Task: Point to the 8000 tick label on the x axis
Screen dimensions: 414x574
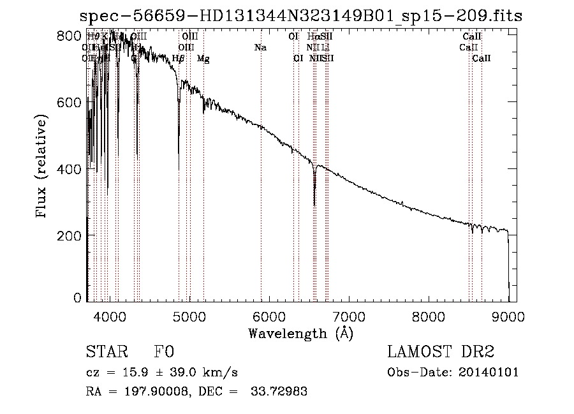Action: coord(429,316)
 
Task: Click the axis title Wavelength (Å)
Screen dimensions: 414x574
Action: coord(300,333)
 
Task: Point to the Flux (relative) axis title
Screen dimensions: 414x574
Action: coord(43,168)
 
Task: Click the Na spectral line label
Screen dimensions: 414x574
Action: coord(260,48)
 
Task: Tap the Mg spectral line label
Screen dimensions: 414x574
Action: coord(203,59)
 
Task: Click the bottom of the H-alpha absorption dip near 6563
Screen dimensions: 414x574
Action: coord(314,204)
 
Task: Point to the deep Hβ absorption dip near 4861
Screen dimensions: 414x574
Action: coord(179,167)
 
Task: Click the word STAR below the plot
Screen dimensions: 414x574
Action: coord(105,353)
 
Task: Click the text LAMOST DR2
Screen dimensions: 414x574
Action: coord(441,353)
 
